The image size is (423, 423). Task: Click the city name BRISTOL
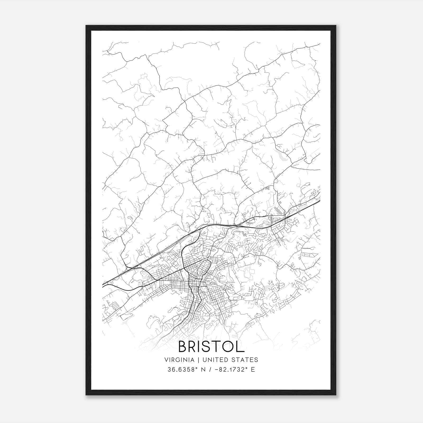tap(211, 347)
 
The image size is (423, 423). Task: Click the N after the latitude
tap(203, 370)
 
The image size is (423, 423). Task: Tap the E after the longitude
tap(253, 370)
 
